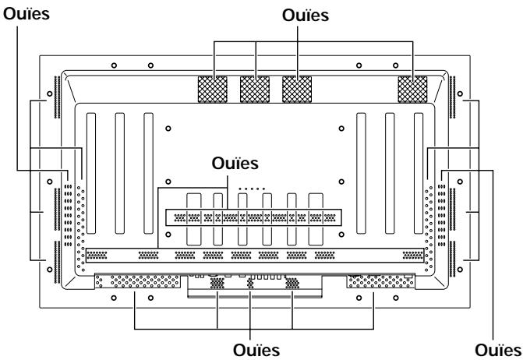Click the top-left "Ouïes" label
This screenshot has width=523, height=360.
click(27, 14)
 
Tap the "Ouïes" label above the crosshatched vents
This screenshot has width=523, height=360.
click(306, 16)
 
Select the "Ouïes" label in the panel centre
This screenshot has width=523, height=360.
click(235, 164)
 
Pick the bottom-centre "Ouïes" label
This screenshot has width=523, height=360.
click(256, 350)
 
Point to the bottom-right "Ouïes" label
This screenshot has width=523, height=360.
click(497, 350)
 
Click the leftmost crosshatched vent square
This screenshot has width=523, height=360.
click(213, 90)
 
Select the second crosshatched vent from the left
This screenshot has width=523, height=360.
click(255, 90)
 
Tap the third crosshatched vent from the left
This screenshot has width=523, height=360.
click(297, 90)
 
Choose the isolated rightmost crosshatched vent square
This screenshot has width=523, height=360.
click(412, 90)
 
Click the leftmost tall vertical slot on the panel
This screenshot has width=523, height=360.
click(91, 173)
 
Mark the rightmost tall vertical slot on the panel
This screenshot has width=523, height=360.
click(419, 173)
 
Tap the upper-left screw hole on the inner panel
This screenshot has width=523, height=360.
click(168, 129)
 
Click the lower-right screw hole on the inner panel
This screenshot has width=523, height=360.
click(341, 235)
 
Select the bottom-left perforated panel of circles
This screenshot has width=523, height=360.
click(138, 281)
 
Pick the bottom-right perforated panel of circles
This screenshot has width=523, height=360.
click(380, 281)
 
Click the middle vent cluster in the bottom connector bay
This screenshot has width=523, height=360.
click(250, 284)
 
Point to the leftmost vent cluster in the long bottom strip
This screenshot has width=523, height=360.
click(97, 256)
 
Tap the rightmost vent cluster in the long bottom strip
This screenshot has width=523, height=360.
click(413, 256)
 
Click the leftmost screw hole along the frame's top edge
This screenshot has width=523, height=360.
click(114, 65)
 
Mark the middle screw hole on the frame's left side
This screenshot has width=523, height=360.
click(50, 182)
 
